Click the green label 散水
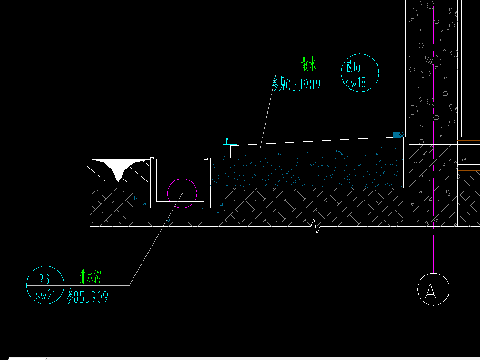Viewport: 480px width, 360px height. (308, 64)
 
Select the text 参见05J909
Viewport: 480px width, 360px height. (296, 85)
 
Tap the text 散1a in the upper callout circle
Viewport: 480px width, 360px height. (353, 66)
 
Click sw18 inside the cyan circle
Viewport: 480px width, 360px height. (356, 83)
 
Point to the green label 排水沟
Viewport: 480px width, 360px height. (90, 276)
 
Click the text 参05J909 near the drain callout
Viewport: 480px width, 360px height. (88, 296)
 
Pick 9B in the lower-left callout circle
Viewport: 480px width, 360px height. (44, 279)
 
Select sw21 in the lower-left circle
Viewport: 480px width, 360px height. (46, 295)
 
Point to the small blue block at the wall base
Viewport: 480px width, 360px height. (398, 134)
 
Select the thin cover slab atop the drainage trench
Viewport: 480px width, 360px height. (180, 158)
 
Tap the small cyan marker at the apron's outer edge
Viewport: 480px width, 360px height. (227, 141)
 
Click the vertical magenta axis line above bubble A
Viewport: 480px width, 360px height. (433, 137)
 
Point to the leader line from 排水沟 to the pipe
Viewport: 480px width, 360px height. (156, 239)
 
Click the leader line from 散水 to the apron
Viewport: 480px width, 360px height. (268, 111)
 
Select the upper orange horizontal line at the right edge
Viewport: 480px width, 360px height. (469, 140)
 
